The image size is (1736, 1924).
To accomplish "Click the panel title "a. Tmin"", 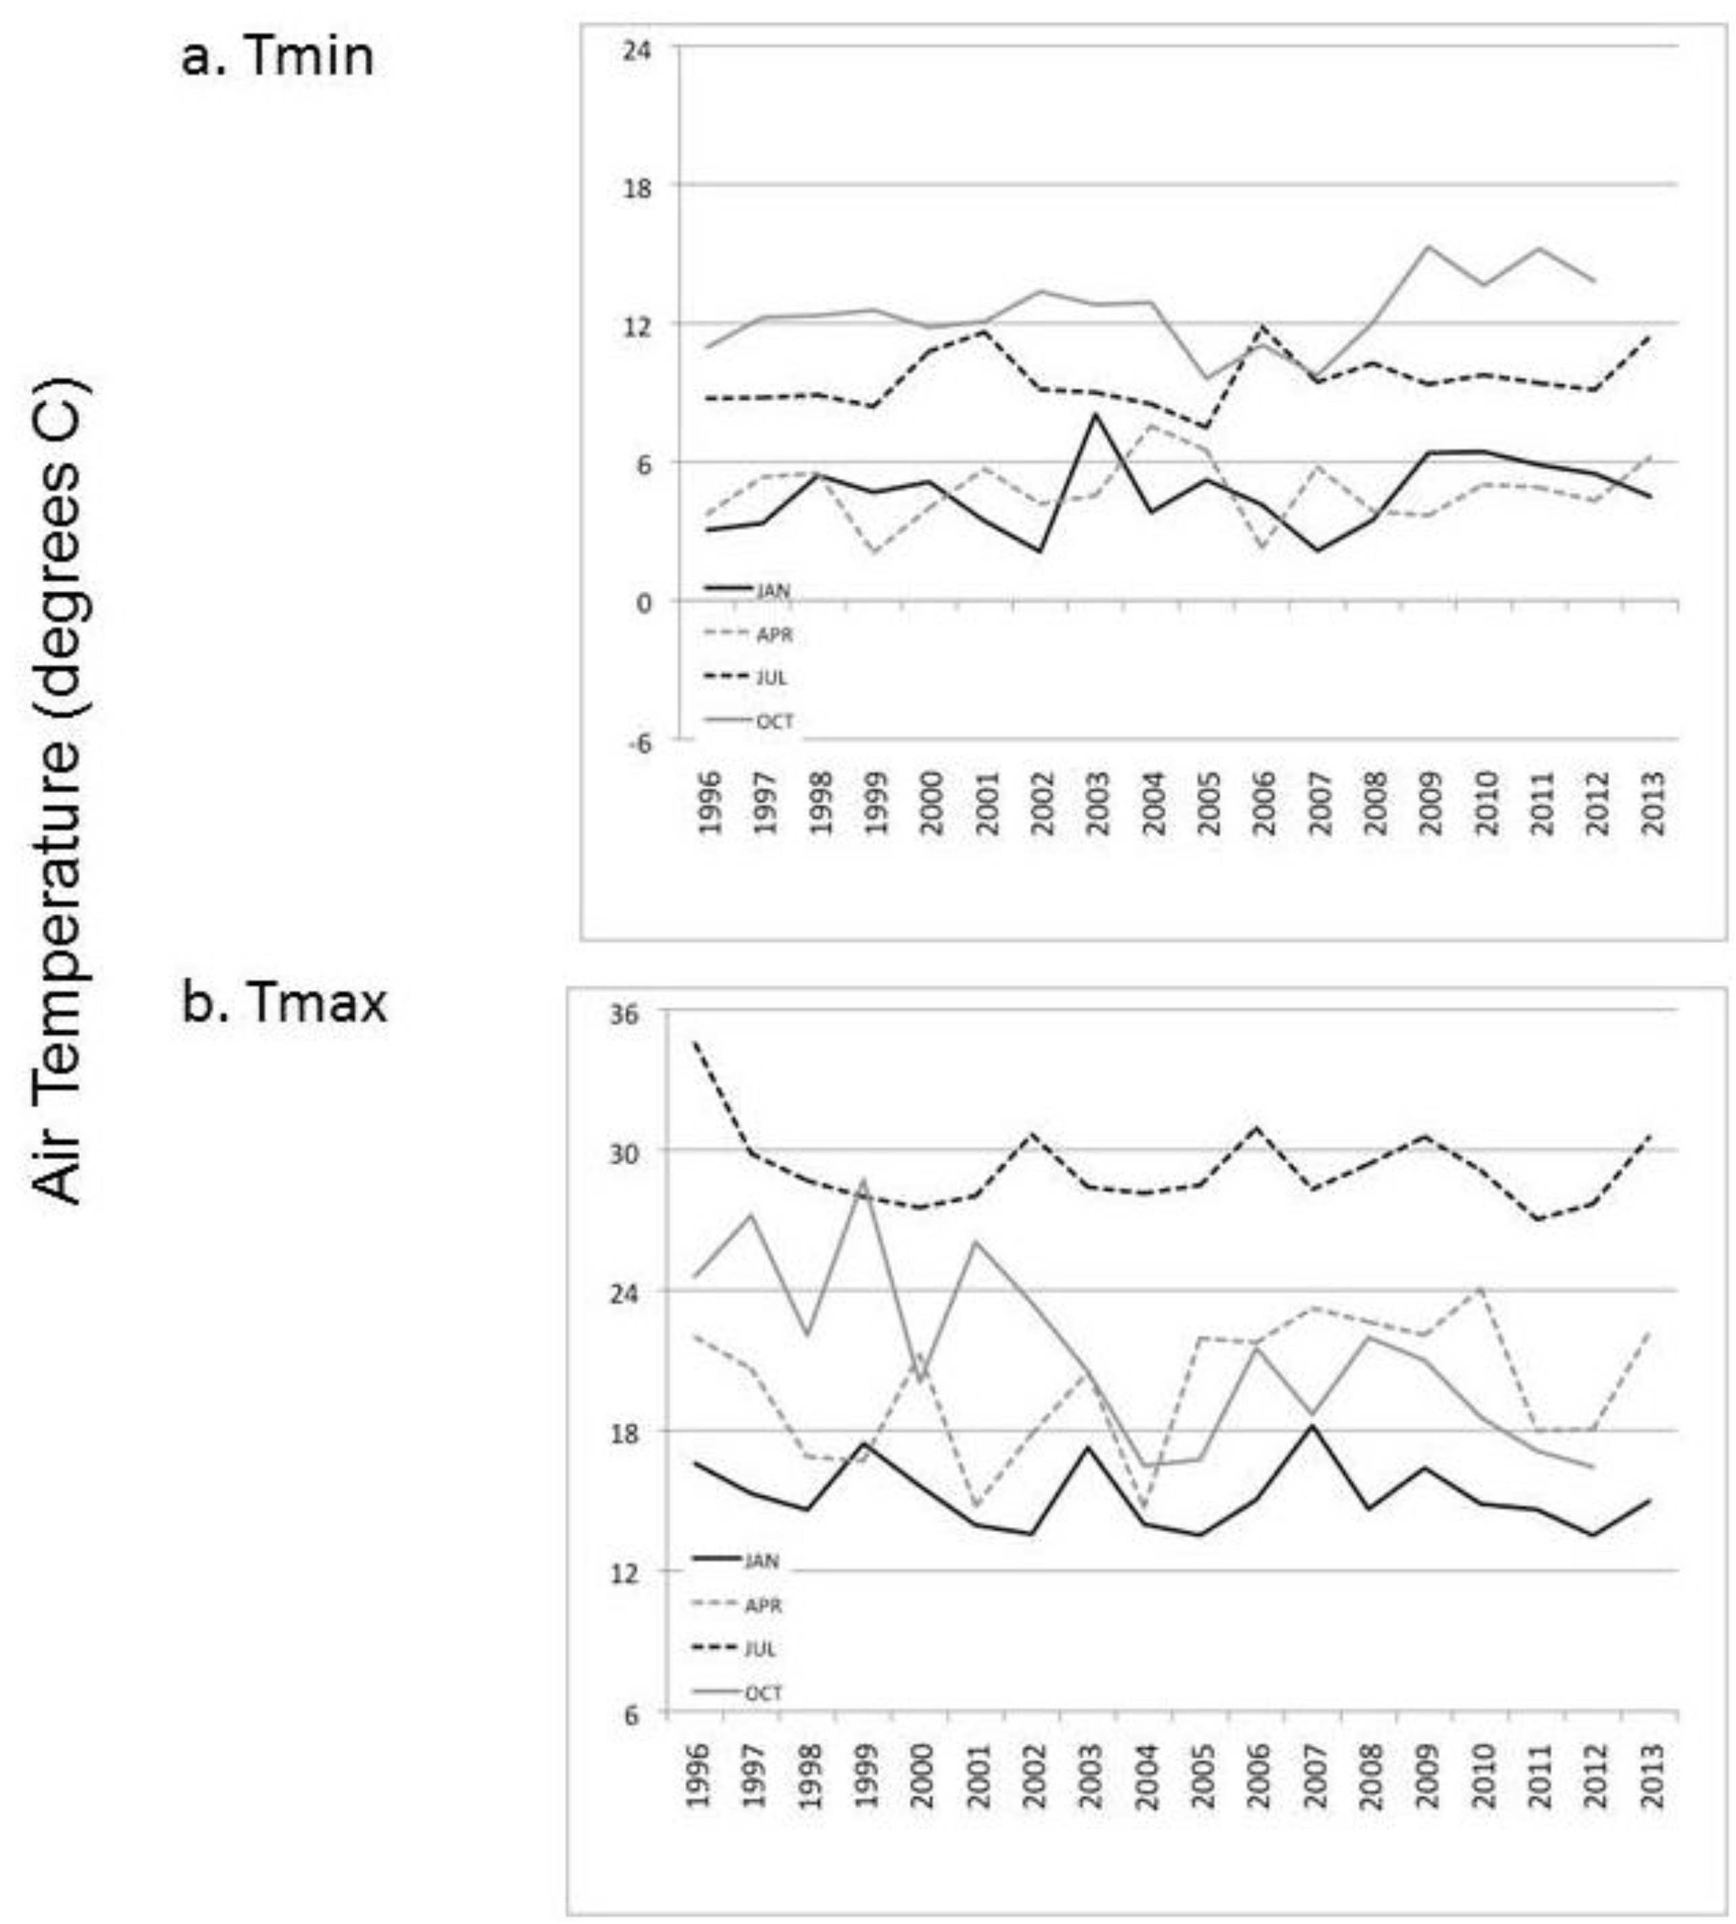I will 277,58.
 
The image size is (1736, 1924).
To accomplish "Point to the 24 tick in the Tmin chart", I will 636,49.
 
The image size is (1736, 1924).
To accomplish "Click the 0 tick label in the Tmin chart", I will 643,604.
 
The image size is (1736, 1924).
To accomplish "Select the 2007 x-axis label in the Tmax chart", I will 1316,1775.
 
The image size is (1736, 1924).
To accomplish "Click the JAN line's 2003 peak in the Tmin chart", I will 1097,414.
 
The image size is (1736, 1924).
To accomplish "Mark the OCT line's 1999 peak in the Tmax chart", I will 864,1179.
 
